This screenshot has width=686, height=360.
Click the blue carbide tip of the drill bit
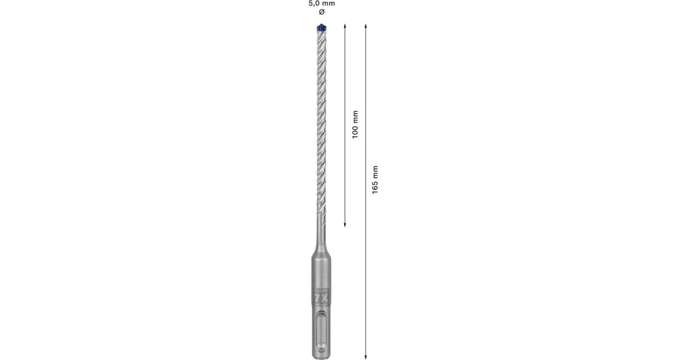[x=321, y=26]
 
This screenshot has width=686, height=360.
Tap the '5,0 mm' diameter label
[x=321, y=3]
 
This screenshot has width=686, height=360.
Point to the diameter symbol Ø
[x=321, y=12]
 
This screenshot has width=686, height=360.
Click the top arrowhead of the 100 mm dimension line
[x=345, y=25]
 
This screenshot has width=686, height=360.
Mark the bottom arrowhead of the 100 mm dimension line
[x=345, y=225]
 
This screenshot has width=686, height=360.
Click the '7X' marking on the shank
[x=321, y=298]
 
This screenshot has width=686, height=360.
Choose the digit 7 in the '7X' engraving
[x=317, y=298]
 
